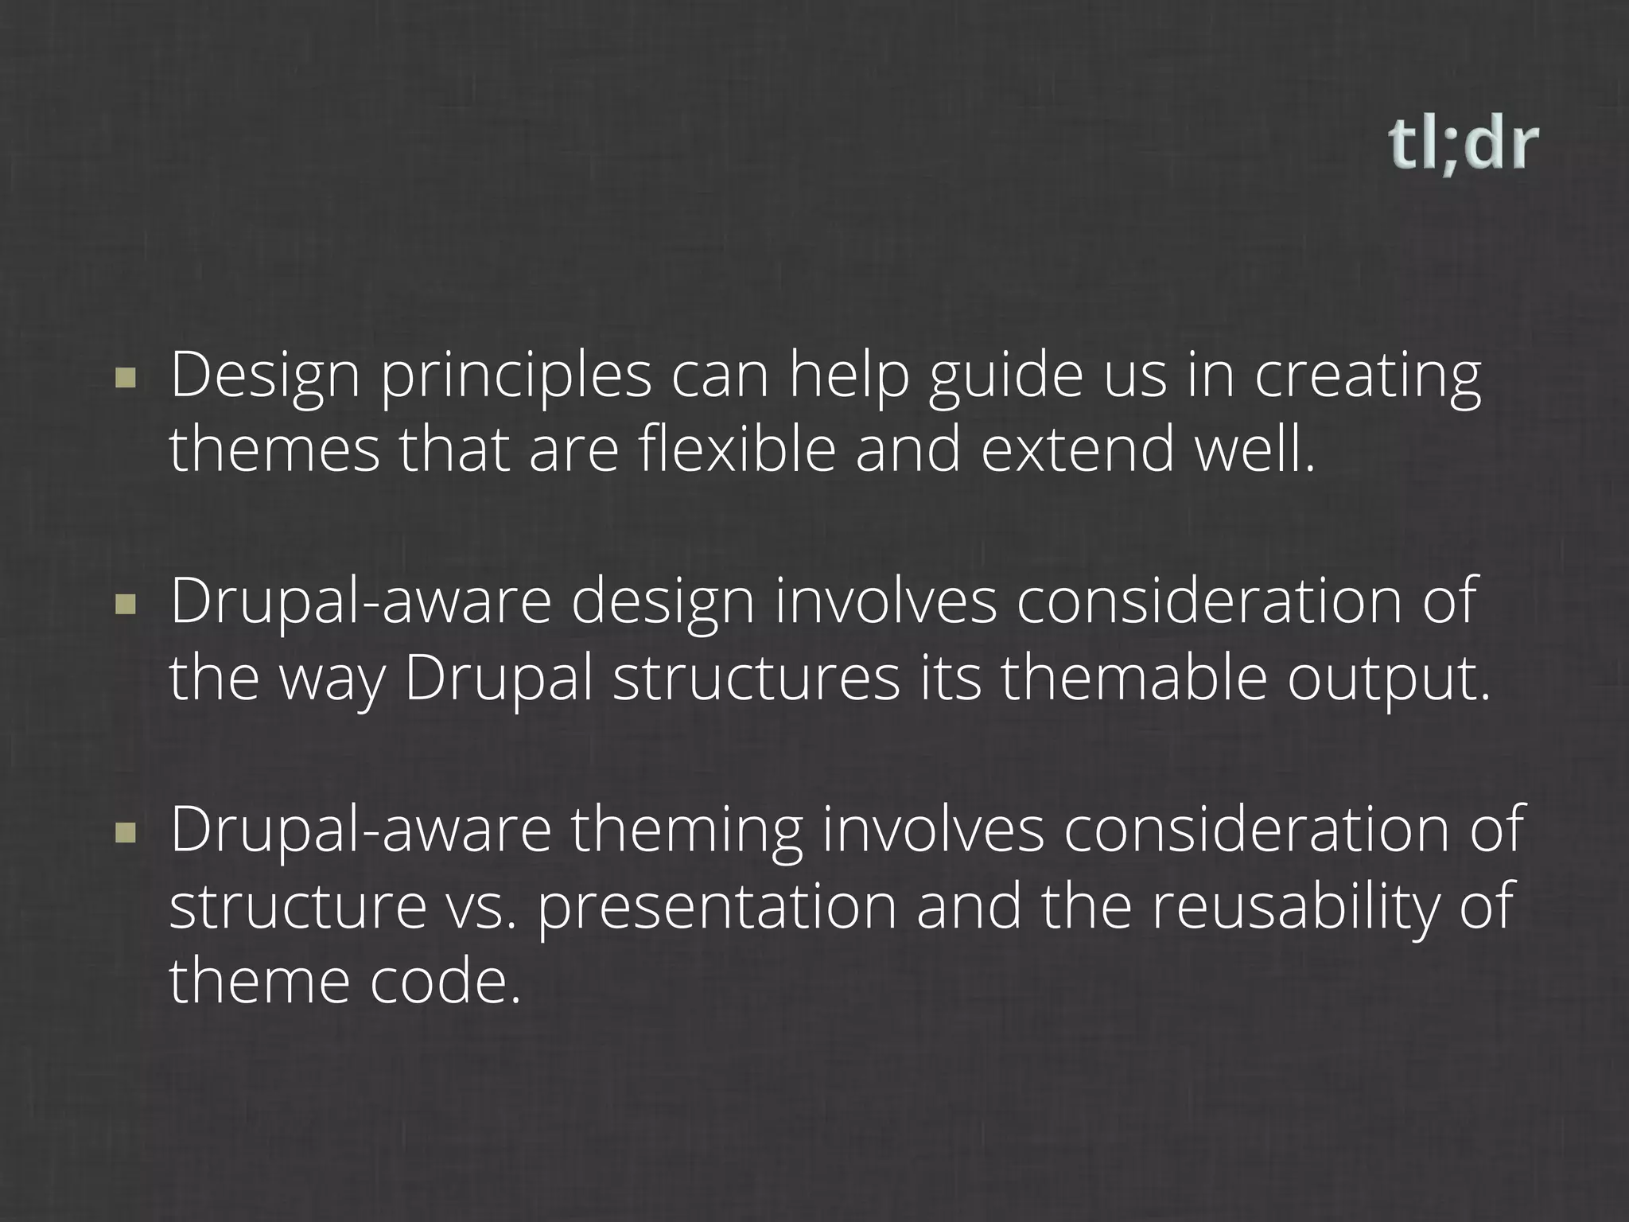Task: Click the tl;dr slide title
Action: pos(1463,146)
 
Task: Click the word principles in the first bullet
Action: pos(515,377)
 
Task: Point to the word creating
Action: pos(1368,377)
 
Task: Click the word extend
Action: pos(1079,449)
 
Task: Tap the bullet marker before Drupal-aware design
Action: pos(125,605)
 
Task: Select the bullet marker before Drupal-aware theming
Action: pos(125,833)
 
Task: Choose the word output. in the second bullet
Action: pos(1389,681)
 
